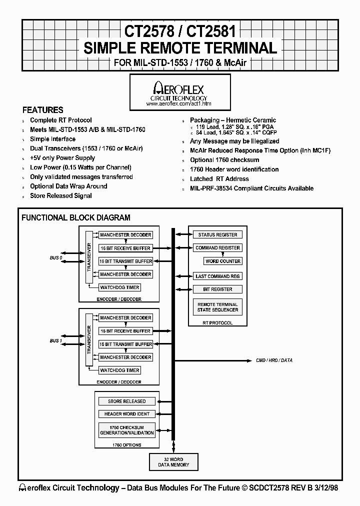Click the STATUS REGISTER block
tap(217, 234)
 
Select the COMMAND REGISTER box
tap(217, 248)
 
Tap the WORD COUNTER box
tap(223, 261)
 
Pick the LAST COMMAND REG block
tap(217, 276)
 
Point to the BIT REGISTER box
tap(217, 289)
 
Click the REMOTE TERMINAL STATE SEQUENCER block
tap(217, 307)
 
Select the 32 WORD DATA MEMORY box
tap(173, 462)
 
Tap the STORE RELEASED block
tap(126, 401)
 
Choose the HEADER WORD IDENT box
tap(126, 414)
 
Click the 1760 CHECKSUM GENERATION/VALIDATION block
tap(126, 430)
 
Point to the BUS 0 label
tap(56, 257)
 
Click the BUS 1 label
tap(56, 340)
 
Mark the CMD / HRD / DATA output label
tap(274, 360)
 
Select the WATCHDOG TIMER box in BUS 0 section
tap(119, 287)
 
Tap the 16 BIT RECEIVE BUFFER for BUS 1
tap(125, 331)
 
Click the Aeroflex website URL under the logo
tap(178, 103)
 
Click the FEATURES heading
tap(43, 110)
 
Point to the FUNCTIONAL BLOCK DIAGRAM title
tap(75, 217)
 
